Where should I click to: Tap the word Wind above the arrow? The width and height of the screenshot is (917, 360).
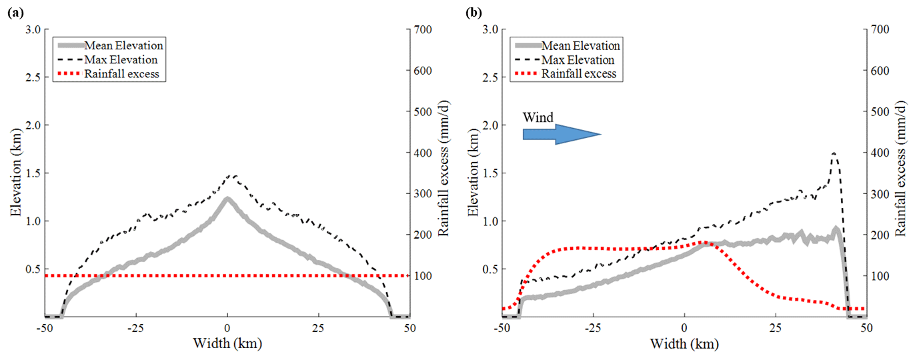click(x=538, y=117)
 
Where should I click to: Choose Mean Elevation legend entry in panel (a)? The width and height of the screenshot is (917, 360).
click(x=124, y=45)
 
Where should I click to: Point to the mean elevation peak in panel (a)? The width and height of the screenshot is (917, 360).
click(x=227, y=198)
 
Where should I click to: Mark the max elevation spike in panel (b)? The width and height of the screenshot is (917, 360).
click(x=834, y=154)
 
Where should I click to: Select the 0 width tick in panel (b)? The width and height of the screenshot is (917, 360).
click(x=685, y=329)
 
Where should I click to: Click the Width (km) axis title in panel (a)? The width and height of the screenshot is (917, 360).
click(x=227, y=345)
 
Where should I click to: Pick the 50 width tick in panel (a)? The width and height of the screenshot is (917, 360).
click(x=409, y=329)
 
